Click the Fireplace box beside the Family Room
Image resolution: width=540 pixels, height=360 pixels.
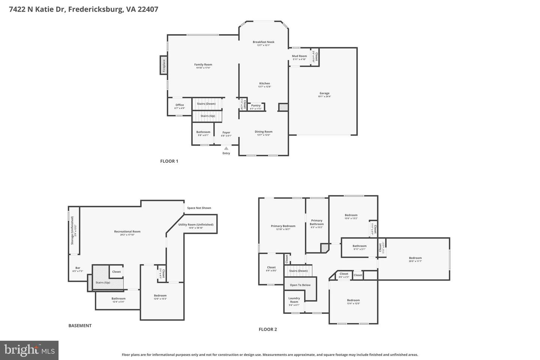click(x=163, y=65)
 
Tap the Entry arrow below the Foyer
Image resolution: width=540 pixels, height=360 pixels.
click(x=226, y=149)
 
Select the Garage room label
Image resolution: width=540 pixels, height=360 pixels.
click(x=324, y=93)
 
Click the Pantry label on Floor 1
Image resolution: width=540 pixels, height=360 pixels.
click(x=256, y=106)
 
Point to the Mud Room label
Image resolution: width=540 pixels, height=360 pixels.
click(x=299, y=56)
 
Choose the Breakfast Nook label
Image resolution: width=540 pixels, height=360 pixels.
click(x=263, y=42)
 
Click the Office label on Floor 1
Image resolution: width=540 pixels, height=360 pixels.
click(x=180, y=105)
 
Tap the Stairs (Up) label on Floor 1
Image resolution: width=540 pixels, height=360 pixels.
click(x=207, y=116)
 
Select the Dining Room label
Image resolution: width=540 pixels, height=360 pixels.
click(x=263, y=132)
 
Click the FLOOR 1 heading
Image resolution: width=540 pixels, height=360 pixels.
click(x=169, y=161)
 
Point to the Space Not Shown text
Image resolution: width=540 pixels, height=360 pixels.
click(x=199, y=208)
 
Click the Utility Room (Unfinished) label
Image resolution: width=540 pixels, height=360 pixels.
click(x=196, y=225)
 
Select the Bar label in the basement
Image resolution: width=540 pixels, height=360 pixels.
click(x=78, y=268)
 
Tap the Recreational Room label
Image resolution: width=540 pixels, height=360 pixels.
click(x=127, y=232)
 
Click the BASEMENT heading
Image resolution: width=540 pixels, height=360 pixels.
click(x=80, y=325)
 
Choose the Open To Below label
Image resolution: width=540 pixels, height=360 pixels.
click(x=300, y=285)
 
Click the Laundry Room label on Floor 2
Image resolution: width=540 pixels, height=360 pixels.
click(x=294, y=300)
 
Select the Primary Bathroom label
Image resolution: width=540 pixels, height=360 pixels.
click(x=316, y=222)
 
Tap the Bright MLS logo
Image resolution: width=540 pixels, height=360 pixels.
click(x=29, y=350)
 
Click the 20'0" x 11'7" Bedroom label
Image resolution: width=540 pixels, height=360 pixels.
click(x=415, y=258)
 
